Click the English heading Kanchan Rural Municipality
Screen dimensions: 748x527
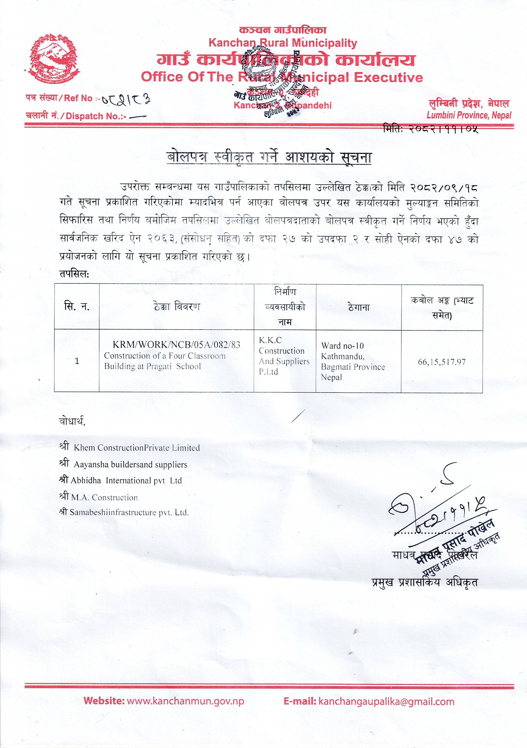coord(283,43)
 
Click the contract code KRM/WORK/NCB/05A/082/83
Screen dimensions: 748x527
coord(176,345)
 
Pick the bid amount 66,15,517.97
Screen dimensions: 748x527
coord(442,362)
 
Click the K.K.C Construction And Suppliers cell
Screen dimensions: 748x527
coord(284,356)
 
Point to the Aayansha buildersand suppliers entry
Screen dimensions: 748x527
coord(130,465)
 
